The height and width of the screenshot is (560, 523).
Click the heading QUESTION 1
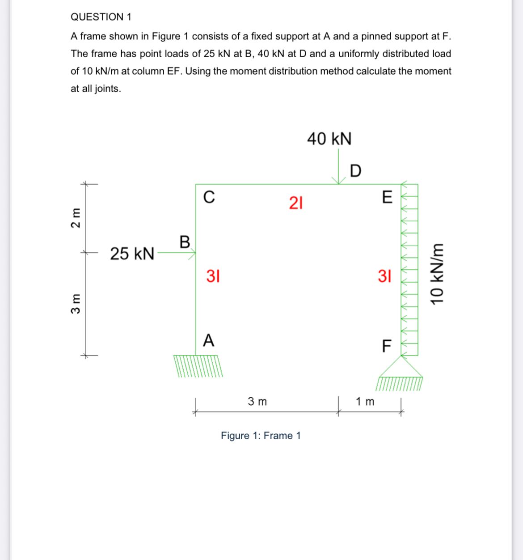click(x=101, y=17)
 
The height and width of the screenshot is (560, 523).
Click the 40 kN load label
click(x=329, y=139)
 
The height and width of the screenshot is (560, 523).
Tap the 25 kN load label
click(x=132, y=254)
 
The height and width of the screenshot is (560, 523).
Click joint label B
click(x=185, y=242)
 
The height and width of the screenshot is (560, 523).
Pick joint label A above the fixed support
click(x=208, y=341)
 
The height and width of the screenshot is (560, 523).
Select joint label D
click(x=355, y=171)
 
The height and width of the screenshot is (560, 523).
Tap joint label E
click(x=387, y=197)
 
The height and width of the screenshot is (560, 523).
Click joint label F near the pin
click(x=387, y=346)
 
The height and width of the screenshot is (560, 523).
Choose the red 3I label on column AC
click(x=213, y=276)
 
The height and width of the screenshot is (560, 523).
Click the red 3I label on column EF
click(x=384, y=276)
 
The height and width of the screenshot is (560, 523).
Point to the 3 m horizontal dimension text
click(x=257, y=402)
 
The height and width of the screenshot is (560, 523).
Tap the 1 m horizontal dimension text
click(x=365, y=402)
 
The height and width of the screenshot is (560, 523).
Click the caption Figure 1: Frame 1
click(x=261, y=436)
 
